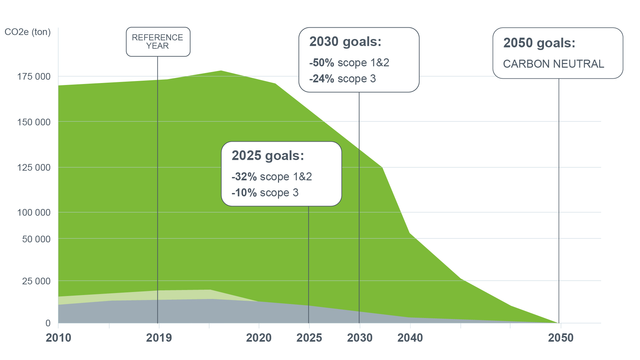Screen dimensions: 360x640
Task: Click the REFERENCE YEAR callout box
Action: pyautogui.click(x=158, y=42)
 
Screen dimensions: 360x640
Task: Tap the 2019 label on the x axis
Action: pyautogui.click(x=159, y=338)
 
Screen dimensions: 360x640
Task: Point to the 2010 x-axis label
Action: pyautogui.click(x=58, y=338)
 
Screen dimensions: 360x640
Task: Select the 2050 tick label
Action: pyautogui.click(x=561, y=338)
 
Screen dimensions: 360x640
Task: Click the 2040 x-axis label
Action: pyautogui.click(x=410, y=338)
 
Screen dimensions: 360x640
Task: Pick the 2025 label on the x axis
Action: pyautogui.click(x=309, y=338)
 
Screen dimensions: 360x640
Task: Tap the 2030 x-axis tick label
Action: pyautogui.click(x=360, y=338)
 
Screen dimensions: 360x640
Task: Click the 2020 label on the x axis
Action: pyautogui.click(x=259, y=338)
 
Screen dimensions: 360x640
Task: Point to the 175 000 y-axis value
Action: pyautogui.click(x=34, y=77)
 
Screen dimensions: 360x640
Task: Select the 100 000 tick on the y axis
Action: pyautogui.click(x=34, y=212)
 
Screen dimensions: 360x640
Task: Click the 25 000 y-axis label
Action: pyautogui.click(x=36, y=281)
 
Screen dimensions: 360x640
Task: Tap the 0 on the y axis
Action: pyautogui.click(x=48, y=323)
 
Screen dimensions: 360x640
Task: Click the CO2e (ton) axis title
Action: pyautogui.click(x=28, y=32)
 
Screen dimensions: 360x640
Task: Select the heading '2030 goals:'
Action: pyautogui.click(x=345, y=42)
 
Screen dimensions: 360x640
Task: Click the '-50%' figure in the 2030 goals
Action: pyautogui.click(x=322, y=63)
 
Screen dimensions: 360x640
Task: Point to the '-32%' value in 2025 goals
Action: pyautogui.click(x=244, y=177)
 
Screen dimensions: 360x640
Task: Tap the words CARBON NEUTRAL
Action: pyautogui.click(x=553, y=64)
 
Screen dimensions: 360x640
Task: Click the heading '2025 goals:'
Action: pyautogui.click(x=268, y=156)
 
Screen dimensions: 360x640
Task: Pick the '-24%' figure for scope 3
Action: pyautogui.click(x=322, y=79)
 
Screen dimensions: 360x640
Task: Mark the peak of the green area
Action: pyautogui.click(x=221, y=71)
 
